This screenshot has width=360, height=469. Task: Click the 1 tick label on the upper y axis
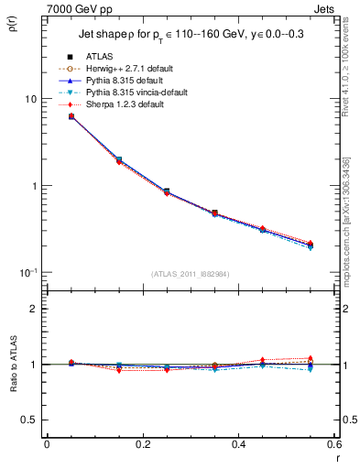(32, 186)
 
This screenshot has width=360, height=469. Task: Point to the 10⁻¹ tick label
(27, 272)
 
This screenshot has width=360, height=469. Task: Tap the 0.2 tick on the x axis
(142, 444)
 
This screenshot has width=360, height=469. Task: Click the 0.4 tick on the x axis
(237, 444)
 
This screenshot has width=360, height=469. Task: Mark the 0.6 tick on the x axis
(333, 444)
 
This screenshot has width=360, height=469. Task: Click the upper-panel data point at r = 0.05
(71, 116)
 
